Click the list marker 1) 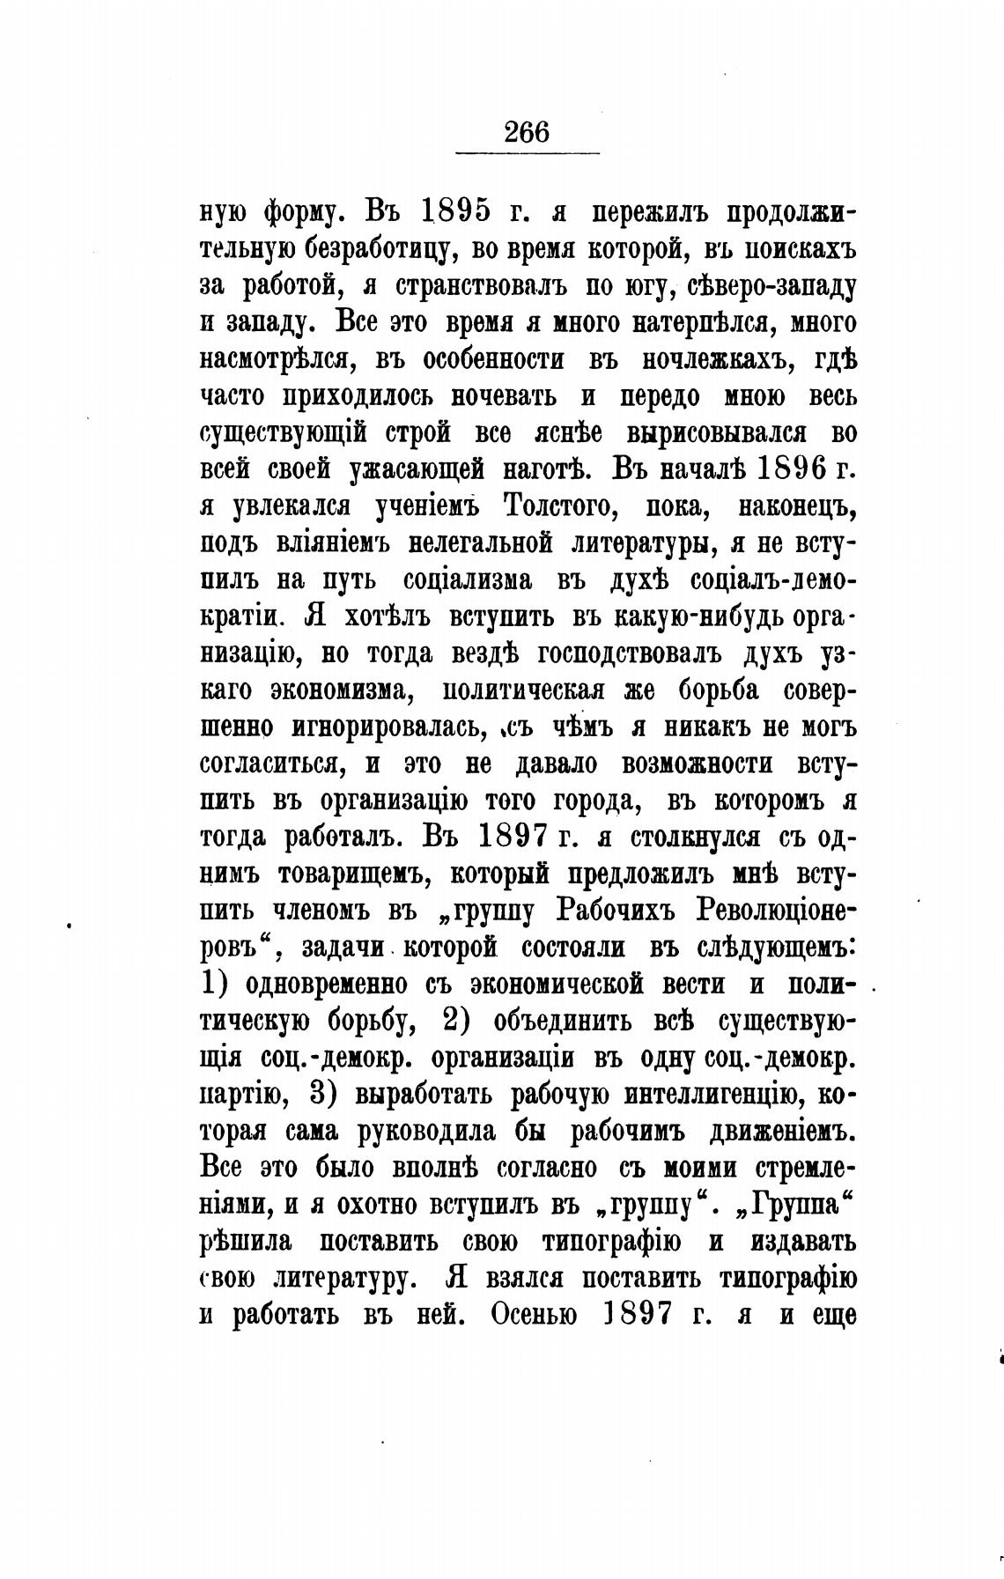click(x=218, y=984)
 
